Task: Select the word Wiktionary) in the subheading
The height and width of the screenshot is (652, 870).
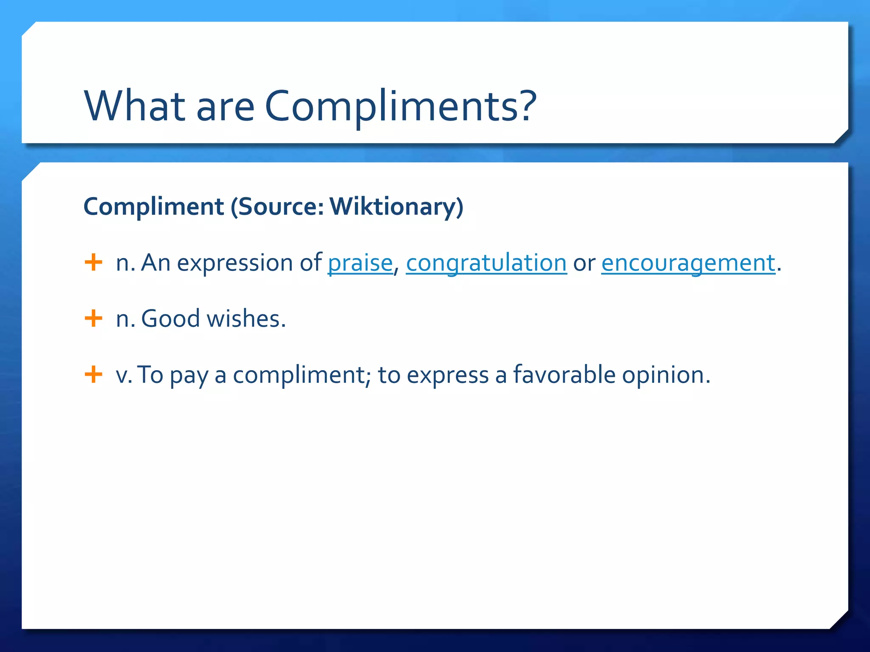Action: [396, 207]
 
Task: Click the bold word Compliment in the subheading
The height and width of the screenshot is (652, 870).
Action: [154, 207]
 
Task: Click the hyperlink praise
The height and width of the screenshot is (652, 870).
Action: [360, 263]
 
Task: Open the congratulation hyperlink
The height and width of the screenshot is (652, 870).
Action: [486, 263]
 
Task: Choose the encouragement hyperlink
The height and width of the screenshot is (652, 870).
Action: [688, 263]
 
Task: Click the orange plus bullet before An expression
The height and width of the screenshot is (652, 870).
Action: [93, 262]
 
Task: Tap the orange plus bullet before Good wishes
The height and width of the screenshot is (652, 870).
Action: [93, 318]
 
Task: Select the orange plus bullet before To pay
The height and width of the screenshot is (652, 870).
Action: [93, 374]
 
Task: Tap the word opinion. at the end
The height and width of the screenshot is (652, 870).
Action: [666, 376]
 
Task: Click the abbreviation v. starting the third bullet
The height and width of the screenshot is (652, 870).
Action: [124, 376]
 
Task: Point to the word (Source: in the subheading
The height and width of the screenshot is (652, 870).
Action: [277, 207]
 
